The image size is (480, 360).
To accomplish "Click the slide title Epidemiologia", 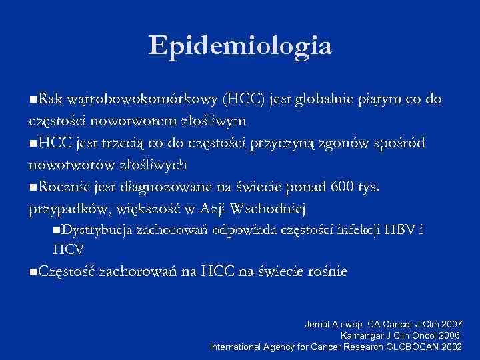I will [x=240, y=45].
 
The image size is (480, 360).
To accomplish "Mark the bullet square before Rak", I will [x=33, y=101].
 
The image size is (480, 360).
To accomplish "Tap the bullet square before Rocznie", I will [x=33, y=187].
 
